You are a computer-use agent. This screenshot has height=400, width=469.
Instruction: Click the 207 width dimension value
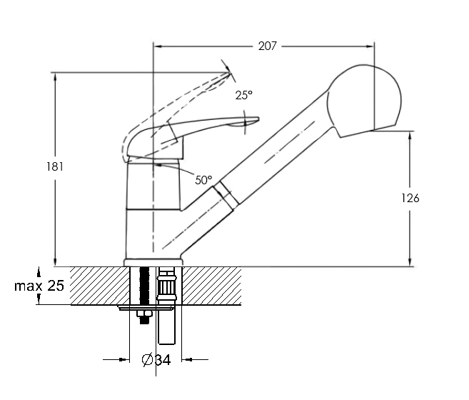pos(268,46)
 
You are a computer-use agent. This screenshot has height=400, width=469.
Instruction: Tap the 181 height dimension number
pos(55,166)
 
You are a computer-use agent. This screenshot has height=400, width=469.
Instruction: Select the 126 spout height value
pos(410,198)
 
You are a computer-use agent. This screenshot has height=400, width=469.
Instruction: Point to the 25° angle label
pos(243,95)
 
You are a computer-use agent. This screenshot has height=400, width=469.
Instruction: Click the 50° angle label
pos(203,180)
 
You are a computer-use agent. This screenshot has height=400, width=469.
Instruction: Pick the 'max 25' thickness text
pos(39,286)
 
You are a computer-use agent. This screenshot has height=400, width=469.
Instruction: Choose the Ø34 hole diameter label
pos(156,359)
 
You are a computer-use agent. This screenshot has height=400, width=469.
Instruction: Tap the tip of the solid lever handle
pos(258,119)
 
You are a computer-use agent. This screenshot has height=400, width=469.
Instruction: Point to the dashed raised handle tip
pos(230,72)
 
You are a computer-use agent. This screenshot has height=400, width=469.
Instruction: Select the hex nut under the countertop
pos(144,314)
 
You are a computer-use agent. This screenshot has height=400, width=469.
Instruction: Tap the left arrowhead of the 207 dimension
pos(158,46)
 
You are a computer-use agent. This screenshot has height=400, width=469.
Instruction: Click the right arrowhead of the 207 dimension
pos(370,46)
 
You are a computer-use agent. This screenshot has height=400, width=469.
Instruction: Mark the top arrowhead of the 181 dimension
pos(55,76)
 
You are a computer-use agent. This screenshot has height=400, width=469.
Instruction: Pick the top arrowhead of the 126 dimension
pos(410,135)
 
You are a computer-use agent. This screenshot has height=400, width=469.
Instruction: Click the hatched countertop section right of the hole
pos(212,286)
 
